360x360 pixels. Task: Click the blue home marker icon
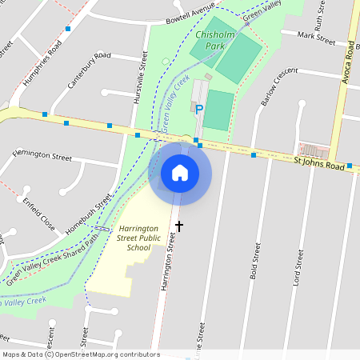click(180, 173)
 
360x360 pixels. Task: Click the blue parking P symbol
click(199, 110)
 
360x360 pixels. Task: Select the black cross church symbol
click(179, 226)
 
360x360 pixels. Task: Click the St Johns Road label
click(318, 164)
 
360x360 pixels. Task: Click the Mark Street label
click(315, 37)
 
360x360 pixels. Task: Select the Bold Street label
click(256, 268)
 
